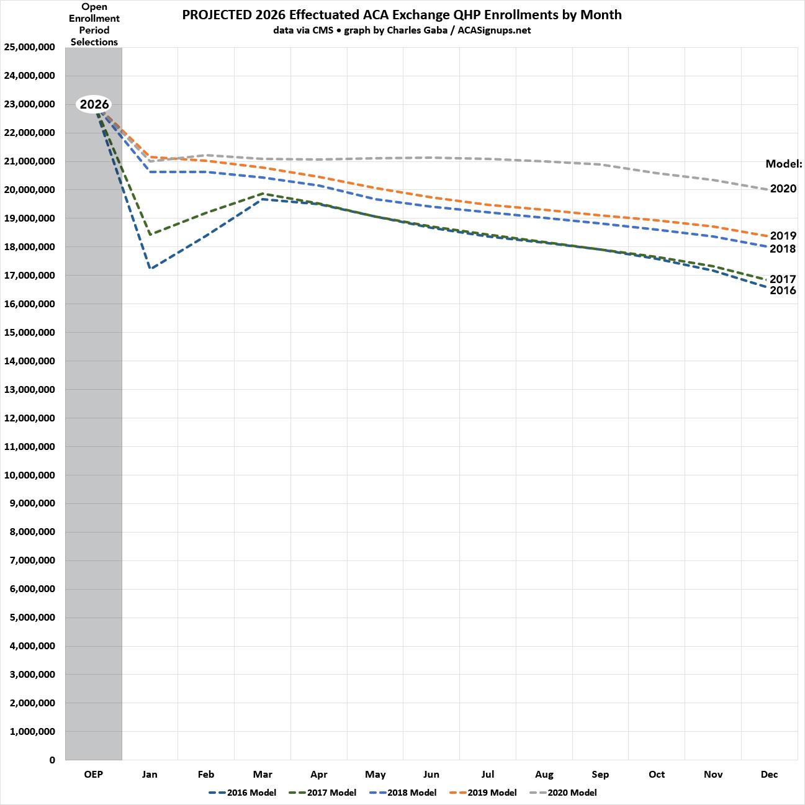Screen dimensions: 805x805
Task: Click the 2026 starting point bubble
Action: tap(94, 104)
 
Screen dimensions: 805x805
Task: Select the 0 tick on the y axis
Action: tap(52, 760)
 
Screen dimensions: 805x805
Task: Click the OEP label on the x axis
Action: tap(93, 774)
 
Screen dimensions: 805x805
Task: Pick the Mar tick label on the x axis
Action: tap(262, 774)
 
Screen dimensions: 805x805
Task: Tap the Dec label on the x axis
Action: tap(769, 774)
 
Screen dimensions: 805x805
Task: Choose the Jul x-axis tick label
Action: tap(488, 774)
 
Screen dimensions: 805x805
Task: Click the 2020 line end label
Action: tap(783, 189)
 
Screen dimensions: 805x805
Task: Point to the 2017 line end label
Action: tap(783, 279)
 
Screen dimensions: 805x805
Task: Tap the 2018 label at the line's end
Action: tap(783, 249)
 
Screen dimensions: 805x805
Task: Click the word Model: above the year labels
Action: tap(783, 164)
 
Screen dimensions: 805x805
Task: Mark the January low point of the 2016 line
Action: tap(150, 268)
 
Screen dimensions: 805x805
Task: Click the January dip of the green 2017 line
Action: tap(150, 234)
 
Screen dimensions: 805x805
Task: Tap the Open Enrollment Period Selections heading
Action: tap(94, 24)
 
